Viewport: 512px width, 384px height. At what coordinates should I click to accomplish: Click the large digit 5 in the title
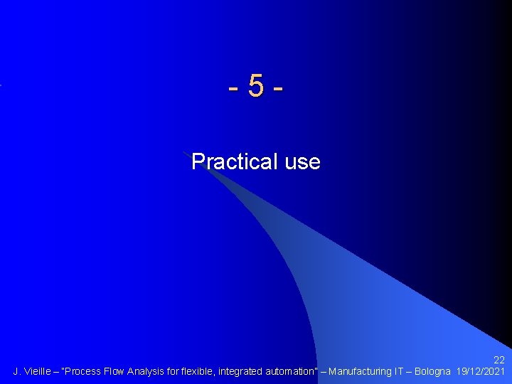[256, 87]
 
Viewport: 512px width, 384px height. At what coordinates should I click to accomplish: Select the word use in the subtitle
[302, 162]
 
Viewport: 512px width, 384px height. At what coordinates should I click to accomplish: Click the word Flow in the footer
[115, 371]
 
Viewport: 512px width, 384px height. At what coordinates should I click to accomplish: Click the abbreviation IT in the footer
[400, 371]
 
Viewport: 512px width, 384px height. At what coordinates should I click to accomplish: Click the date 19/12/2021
[481, 371]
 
